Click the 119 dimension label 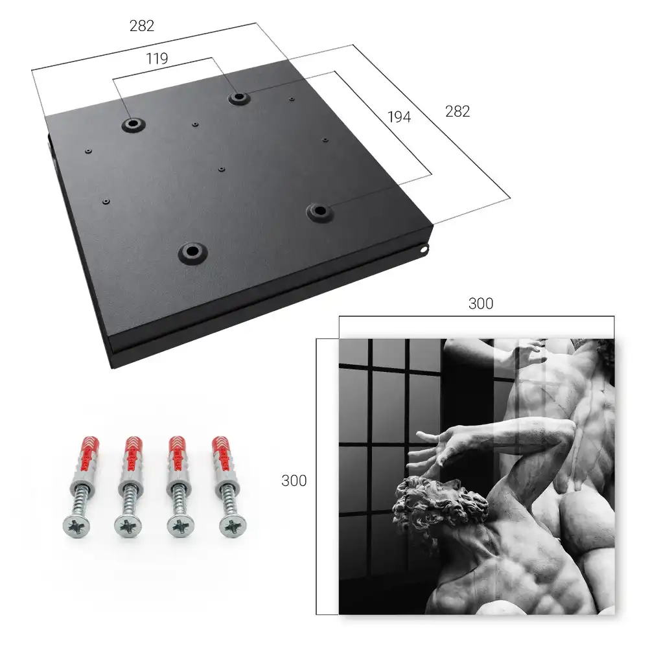click(x=157, y=59)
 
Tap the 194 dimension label click(x=399, y=117)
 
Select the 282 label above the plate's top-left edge click(x=142, y=26)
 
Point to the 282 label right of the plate click(x=457, y=111)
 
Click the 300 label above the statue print click(x=481, y=303)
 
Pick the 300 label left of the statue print click(x=294, y=481)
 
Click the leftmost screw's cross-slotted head click(x=76, y=527)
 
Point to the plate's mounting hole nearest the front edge click(x=192, y=251)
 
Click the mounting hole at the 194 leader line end click(x=319, y=211)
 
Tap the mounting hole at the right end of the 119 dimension click(x=238, y=98)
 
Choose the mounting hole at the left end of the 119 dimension click(x=133, y=124)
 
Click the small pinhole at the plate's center click(x=222, y=169)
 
